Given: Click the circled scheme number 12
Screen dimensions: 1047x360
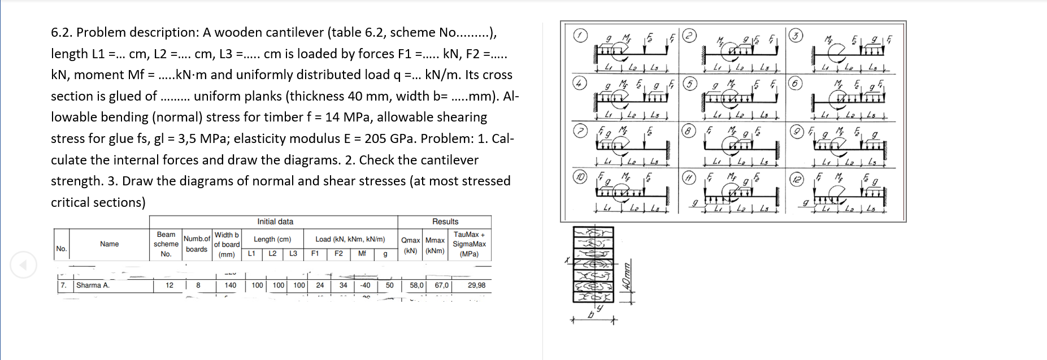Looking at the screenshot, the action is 796,179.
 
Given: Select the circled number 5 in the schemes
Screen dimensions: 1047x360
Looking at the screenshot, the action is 689,84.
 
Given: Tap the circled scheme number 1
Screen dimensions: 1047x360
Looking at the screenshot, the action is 580,36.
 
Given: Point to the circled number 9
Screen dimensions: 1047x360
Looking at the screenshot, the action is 796,132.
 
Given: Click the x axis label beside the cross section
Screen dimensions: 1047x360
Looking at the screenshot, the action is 566,260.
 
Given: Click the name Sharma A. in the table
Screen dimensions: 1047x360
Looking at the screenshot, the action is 93,285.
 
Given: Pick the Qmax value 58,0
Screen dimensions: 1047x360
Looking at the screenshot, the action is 416,285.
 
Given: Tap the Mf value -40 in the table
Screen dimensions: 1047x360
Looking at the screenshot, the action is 365,285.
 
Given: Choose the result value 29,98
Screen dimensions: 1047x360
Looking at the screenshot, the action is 476,285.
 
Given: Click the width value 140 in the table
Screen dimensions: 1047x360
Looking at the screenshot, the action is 230,285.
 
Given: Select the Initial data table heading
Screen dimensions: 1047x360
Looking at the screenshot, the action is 275,222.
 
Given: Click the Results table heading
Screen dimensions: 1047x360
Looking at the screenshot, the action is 445,222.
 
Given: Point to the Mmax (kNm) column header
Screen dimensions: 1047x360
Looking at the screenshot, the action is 435,245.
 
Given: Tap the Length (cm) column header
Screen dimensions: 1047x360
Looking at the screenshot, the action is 272,239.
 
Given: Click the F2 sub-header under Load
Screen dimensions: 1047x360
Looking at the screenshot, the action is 338,254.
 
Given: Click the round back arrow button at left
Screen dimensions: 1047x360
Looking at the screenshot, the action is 23,264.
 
